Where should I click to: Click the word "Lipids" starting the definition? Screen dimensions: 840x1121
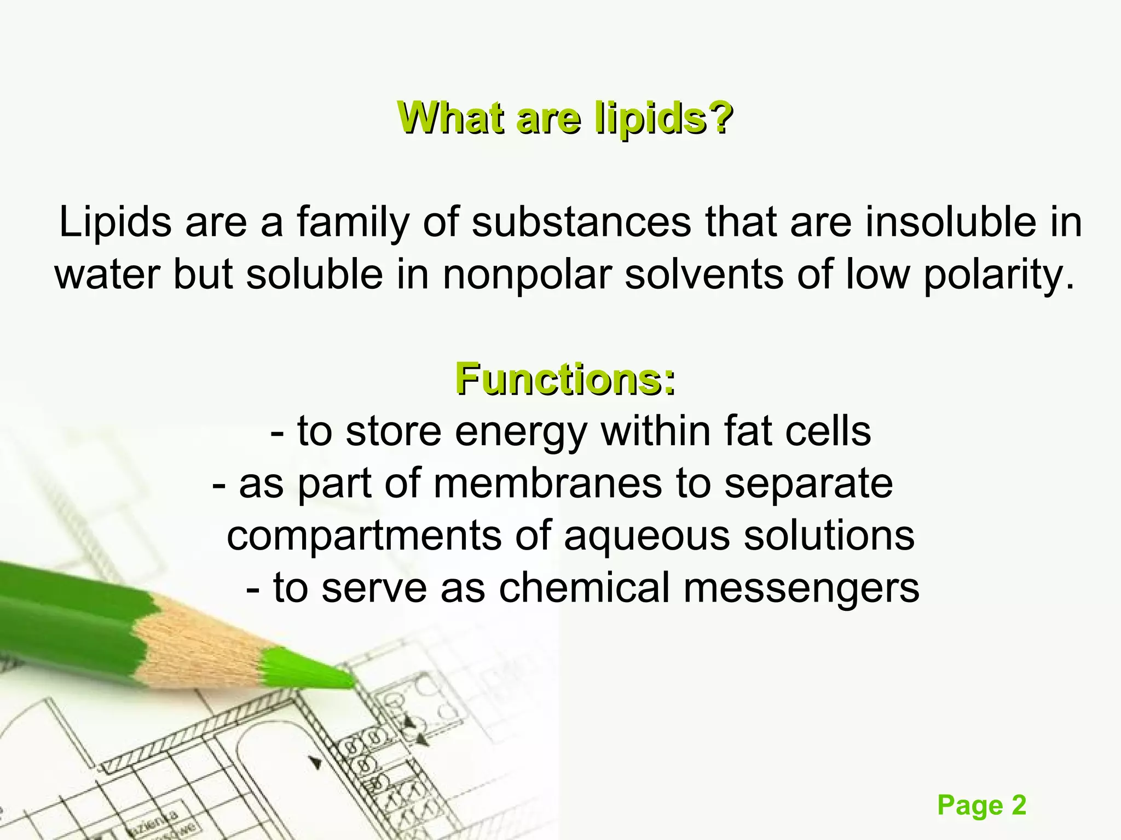click(x=115, y=223)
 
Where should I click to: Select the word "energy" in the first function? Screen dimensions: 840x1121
click(x=521, y=432)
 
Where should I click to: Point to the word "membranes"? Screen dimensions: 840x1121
click(x=547, y=483)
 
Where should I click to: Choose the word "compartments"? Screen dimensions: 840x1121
click(x=363, y=536)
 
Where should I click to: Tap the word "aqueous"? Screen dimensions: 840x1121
click(x=646, y=536)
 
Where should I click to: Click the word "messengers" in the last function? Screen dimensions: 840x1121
click(x=801, y=587)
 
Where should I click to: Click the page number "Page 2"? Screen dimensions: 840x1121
click(x=981, y=805)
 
